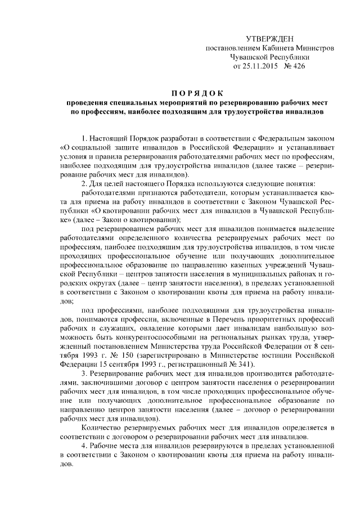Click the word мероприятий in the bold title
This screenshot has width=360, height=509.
pos(174,103)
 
